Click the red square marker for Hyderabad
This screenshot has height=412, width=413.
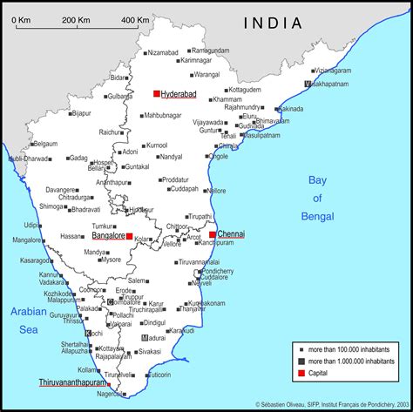click(x=157, y=93)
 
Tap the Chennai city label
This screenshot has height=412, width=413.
click(x=231, y=234)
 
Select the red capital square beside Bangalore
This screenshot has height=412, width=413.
click(x=129, y=236)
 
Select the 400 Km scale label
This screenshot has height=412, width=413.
click(x=135, y=19)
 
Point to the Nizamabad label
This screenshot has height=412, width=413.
click(x=163, y=52)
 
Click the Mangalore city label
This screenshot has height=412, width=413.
click(x=26, y=240)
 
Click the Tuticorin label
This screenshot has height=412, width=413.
click(x=159, y=375)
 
